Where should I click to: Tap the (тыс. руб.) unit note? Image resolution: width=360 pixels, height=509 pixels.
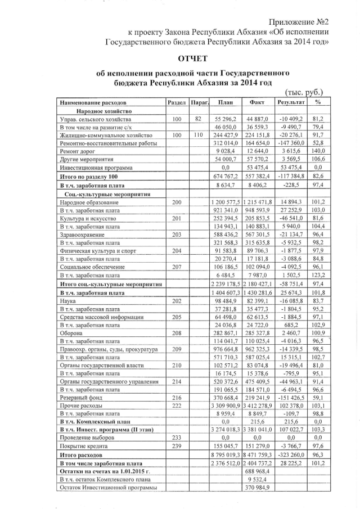[x=304, y=92]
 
